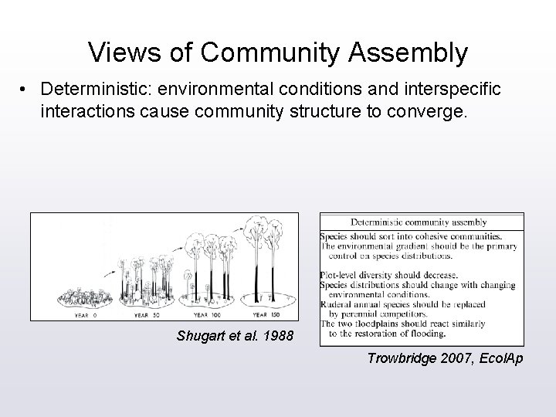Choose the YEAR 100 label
(x=206, y=314)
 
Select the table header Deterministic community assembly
(x=422, y=222)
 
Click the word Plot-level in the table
(x=340, y=274)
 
